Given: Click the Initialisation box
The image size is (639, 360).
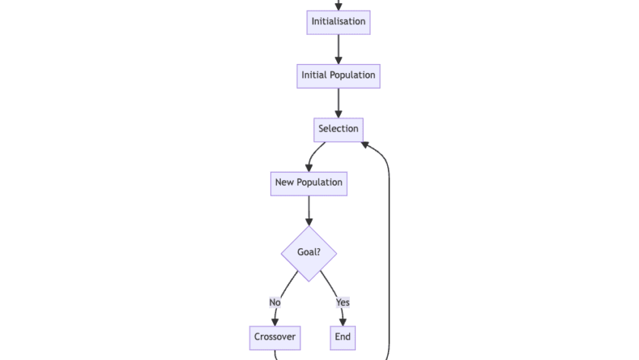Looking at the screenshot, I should pyautogui.click(x=339, y=21).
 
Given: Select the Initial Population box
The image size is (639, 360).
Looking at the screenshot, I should pyautogui.click(x=339, y=75).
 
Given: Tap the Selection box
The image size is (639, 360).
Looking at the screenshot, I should pyautogui.click(x=339, y=129).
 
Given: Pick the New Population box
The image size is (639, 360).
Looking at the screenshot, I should pyautogui.click(x=309, y=183).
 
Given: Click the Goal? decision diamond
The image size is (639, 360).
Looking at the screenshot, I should pyautogui.click(x=309, y=253).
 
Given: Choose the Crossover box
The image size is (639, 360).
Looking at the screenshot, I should pyautogui.click(x=275, y=337).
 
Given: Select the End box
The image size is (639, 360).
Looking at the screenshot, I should pyautogui.click(x=343, y=337).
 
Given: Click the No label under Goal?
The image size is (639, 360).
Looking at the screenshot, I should pyautogui.click(x=275, y=302).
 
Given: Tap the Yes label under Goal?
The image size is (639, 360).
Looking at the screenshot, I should pyautogui.click(x=343, y=302).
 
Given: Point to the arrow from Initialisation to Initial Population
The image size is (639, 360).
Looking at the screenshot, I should pyautogui.click(x=339, y=49).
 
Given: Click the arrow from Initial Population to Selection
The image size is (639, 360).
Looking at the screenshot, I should pyautogui.click(x=339, y=103).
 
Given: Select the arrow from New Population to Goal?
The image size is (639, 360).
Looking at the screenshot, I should pyautogui.click(x=309, y=210).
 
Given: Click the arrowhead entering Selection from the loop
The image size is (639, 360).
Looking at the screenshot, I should pyautogui.click(x=366, y=143).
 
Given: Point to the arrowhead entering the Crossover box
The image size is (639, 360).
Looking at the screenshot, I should pyautogui.click(x=275, y=323).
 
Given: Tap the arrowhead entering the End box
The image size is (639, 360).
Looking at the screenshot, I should pyautogui.click(x=343, y=323).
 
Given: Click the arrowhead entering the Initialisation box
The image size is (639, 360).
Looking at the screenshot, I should pyautogui.click(x=339, y=7).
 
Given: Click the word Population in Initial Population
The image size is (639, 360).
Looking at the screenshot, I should pyautogui.click(x=353, y=75).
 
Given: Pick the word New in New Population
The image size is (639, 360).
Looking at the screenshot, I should pyautogui.click(x=285, y=183).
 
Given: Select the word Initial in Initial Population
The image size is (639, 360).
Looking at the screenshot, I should pyautogui.click(x=315, y=75).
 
